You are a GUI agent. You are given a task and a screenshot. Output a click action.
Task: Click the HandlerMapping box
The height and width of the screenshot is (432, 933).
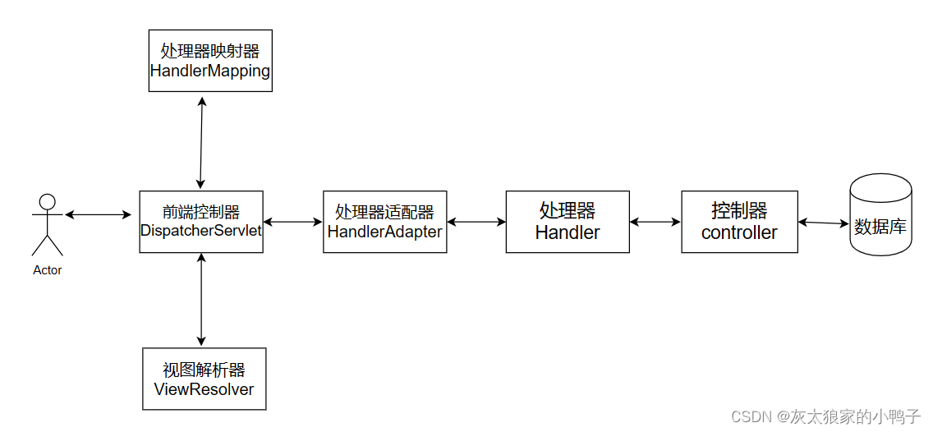coord(210,61)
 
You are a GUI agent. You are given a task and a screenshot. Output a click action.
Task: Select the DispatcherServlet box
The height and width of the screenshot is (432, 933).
coord(201,222)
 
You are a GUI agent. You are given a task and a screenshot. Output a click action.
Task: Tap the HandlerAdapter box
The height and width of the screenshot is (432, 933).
coord(384,222)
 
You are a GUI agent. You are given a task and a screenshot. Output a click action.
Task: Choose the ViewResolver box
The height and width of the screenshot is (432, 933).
coord(204,379)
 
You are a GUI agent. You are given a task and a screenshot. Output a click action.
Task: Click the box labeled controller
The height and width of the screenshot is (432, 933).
coord(739,222)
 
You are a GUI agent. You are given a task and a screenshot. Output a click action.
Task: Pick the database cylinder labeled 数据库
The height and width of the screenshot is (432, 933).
coord(880,215)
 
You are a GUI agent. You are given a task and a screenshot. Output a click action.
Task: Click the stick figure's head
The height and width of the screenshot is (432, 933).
coord(48,201)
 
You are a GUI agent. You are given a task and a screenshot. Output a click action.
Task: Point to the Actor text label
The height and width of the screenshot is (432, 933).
coord(48,270)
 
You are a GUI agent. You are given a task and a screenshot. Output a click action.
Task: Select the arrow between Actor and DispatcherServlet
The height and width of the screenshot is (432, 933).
coord(98,215)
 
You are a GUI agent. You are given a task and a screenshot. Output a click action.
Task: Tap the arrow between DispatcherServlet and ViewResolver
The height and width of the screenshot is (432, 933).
coord(201,300)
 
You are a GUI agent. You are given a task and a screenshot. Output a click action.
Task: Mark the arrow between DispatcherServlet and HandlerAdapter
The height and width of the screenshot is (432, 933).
coord(293,222)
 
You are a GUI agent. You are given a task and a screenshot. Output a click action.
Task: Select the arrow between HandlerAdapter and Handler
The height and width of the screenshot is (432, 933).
coord(476,222)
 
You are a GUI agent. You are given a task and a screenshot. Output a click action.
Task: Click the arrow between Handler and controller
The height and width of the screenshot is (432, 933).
coord(655,222)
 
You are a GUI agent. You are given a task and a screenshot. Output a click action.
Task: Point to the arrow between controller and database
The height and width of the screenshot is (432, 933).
coord(823,223)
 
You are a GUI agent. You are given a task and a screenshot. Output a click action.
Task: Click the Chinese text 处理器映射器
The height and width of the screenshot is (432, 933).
coord(210,51)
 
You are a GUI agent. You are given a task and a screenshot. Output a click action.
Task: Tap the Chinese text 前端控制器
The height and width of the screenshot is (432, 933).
coord(201,212)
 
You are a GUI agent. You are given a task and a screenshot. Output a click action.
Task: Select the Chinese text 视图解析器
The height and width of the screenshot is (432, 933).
coord(204,370)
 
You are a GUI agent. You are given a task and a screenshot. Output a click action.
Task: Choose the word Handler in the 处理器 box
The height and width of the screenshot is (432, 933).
coord(568,232)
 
